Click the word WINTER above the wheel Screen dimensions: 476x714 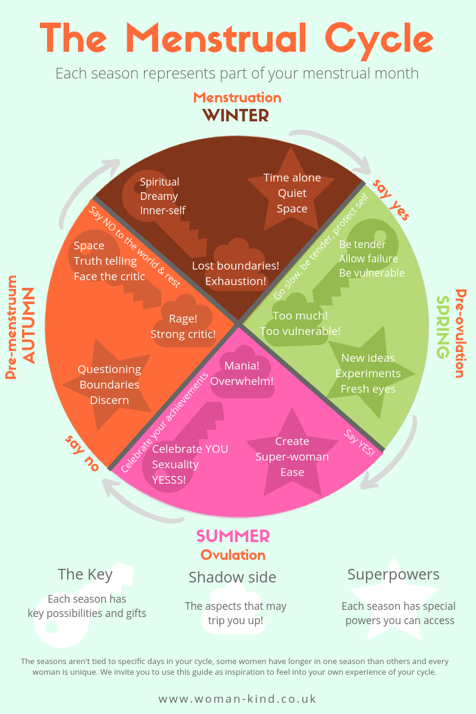click(x=236, y=115)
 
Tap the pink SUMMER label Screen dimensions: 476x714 click(x=233, y=536)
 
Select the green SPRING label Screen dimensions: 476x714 click(x=443, y=327)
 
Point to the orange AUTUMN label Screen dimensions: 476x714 click(x=29, y=325)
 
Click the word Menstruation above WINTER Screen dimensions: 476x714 click(x=237, y=98)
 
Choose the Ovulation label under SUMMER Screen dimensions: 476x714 click(x=233, y=555)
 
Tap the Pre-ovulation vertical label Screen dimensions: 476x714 click(x=461, y=333)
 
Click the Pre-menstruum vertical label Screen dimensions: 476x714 click(x=11, y=327)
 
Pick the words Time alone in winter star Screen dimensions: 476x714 click(x=292, y=178)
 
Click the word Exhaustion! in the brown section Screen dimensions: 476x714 click(x=236, y=281)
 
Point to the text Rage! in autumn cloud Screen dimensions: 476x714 click(x=183, y=319)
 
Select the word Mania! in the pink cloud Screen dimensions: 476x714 click(x=242, y=365)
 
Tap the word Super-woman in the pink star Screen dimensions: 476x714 click(x=292, y=457)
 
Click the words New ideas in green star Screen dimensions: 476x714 click(x=368, y=358)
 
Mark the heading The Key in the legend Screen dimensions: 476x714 click(x=85, y=575)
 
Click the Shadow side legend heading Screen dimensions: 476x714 click(x=233, y=577)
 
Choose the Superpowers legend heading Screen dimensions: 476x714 click(x=393, y=575)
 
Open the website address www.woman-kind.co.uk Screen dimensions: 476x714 click(x=237, y=699)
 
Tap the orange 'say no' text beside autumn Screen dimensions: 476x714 click(x=82, y=453)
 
